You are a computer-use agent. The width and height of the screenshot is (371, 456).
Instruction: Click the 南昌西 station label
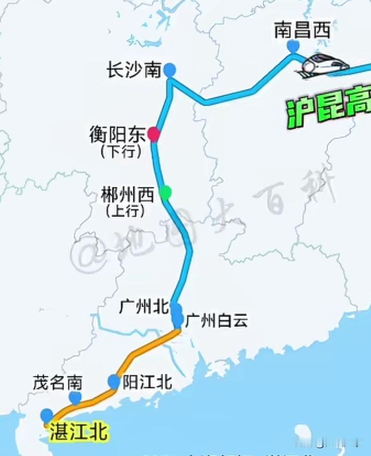302,31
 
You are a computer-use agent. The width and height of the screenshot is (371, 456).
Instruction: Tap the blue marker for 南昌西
293,46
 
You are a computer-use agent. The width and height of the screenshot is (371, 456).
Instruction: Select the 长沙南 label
134,70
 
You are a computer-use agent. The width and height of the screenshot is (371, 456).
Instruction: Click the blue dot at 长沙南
169,70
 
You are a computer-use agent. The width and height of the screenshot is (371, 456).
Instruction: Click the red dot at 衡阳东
153,134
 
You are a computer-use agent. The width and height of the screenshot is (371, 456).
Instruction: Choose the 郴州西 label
128,195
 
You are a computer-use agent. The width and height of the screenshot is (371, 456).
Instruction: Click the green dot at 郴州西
165,193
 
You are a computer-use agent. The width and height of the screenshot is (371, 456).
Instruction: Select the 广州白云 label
216,320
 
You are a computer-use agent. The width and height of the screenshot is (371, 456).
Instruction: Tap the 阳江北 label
147,383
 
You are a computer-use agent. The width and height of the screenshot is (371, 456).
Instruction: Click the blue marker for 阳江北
114,382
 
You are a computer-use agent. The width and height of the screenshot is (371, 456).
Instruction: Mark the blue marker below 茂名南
76,398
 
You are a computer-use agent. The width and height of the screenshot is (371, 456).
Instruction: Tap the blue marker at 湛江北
47,415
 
